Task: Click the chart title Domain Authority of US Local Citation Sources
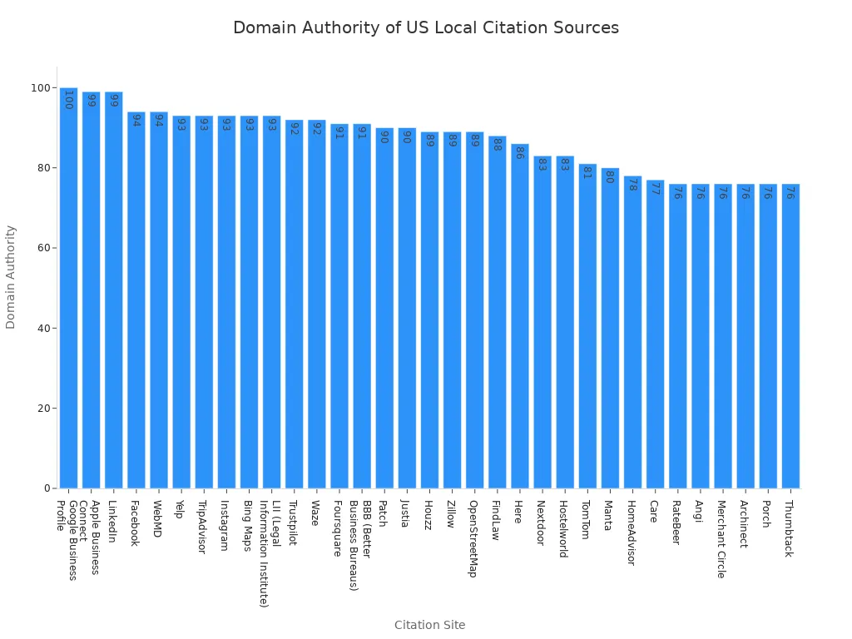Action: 425,27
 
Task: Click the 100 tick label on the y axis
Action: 40,87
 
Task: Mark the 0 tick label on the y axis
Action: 48,488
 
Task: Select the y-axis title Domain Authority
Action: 11,277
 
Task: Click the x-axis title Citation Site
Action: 429,625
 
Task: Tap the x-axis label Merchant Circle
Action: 721,538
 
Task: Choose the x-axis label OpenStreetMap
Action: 473,537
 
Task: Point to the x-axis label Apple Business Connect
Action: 89,537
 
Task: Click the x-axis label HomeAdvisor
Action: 632,532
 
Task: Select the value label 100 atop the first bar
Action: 68,100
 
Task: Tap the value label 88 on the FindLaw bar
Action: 497,144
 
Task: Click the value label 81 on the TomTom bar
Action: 587,172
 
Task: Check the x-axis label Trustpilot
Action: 292,523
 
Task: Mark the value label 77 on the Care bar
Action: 654,188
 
